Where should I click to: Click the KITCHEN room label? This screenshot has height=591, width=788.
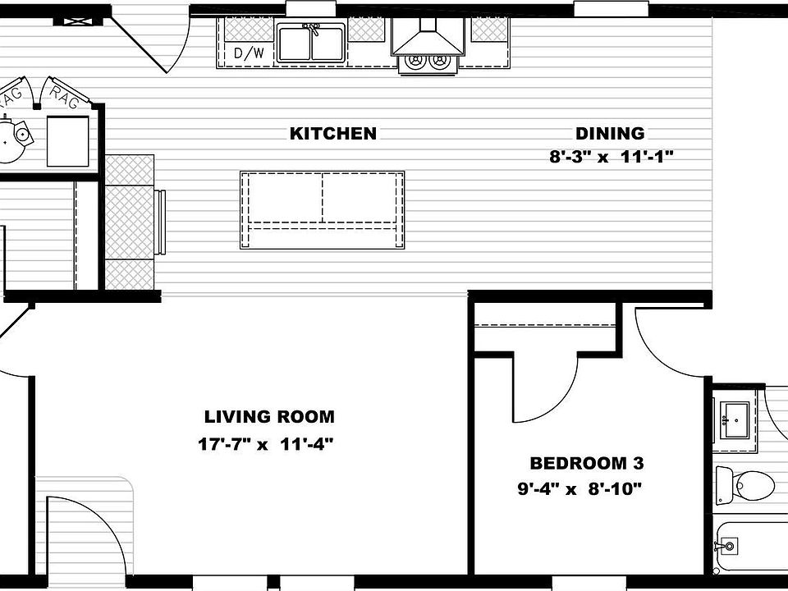[332, 134]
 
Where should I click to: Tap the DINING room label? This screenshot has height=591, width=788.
[610, 134]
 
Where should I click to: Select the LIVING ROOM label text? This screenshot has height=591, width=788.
[269, 417]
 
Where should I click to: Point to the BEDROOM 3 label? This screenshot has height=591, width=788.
[586, 464]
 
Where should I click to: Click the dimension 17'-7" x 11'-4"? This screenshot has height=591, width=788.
[265, 445]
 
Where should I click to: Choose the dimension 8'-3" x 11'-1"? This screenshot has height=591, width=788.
[612, 157]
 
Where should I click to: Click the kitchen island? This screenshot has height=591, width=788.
[322, 209]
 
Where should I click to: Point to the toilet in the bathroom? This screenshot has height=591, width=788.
[744, 484]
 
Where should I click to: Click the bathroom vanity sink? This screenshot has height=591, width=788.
[735, 421]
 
